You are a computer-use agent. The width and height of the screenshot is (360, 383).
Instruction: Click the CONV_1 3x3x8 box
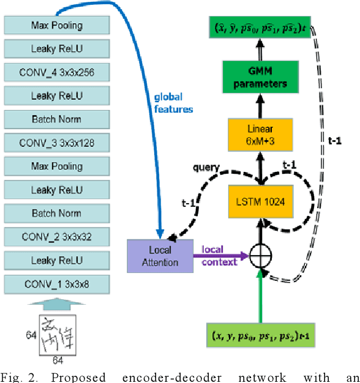click(x=57, y=284)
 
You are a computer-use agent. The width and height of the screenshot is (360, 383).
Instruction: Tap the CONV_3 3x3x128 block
click(x=57, y=143)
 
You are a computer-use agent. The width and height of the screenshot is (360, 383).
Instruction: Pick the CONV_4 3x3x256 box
click(x=57, y=72)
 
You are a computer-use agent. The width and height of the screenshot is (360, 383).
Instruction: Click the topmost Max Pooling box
click(x=57, y=26)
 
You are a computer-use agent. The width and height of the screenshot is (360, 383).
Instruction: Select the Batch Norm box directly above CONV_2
click(x=57, y=214)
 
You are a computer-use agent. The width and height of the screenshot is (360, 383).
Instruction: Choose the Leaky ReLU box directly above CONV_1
click(x=57, y=261)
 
